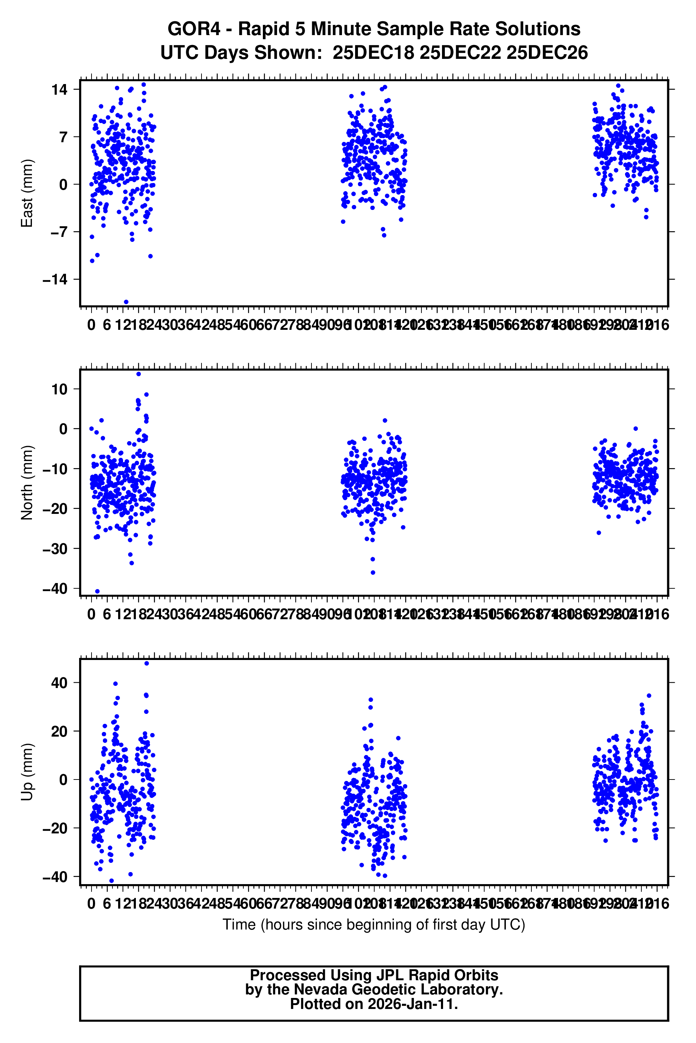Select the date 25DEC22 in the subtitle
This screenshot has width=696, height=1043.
click(x=460, y=53)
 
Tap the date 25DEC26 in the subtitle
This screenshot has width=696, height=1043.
click(x=547, y=53)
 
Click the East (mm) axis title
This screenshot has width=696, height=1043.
click(x=27, y=193)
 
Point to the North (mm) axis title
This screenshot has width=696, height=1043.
click(x=27, y=482)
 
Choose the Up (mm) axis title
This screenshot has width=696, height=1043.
click(x=27, y=772)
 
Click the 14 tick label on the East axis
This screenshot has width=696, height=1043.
click(x=59, y=90)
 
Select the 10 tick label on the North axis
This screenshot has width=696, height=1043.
click(x=59, y=389)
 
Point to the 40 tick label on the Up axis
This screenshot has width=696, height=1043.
click(x=59, y=683)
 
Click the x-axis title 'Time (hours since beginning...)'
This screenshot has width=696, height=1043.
click(x=374, y=925)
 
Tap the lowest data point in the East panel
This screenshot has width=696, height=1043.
click(x=126, y=302)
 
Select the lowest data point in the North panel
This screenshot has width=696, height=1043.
click(x=98, y=592)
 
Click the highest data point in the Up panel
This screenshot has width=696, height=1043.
click(x=147, y=664)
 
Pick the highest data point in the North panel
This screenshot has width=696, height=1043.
click(x=138, y=374)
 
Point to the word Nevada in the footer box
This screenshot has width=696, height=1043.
click(x=320, y=989)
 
